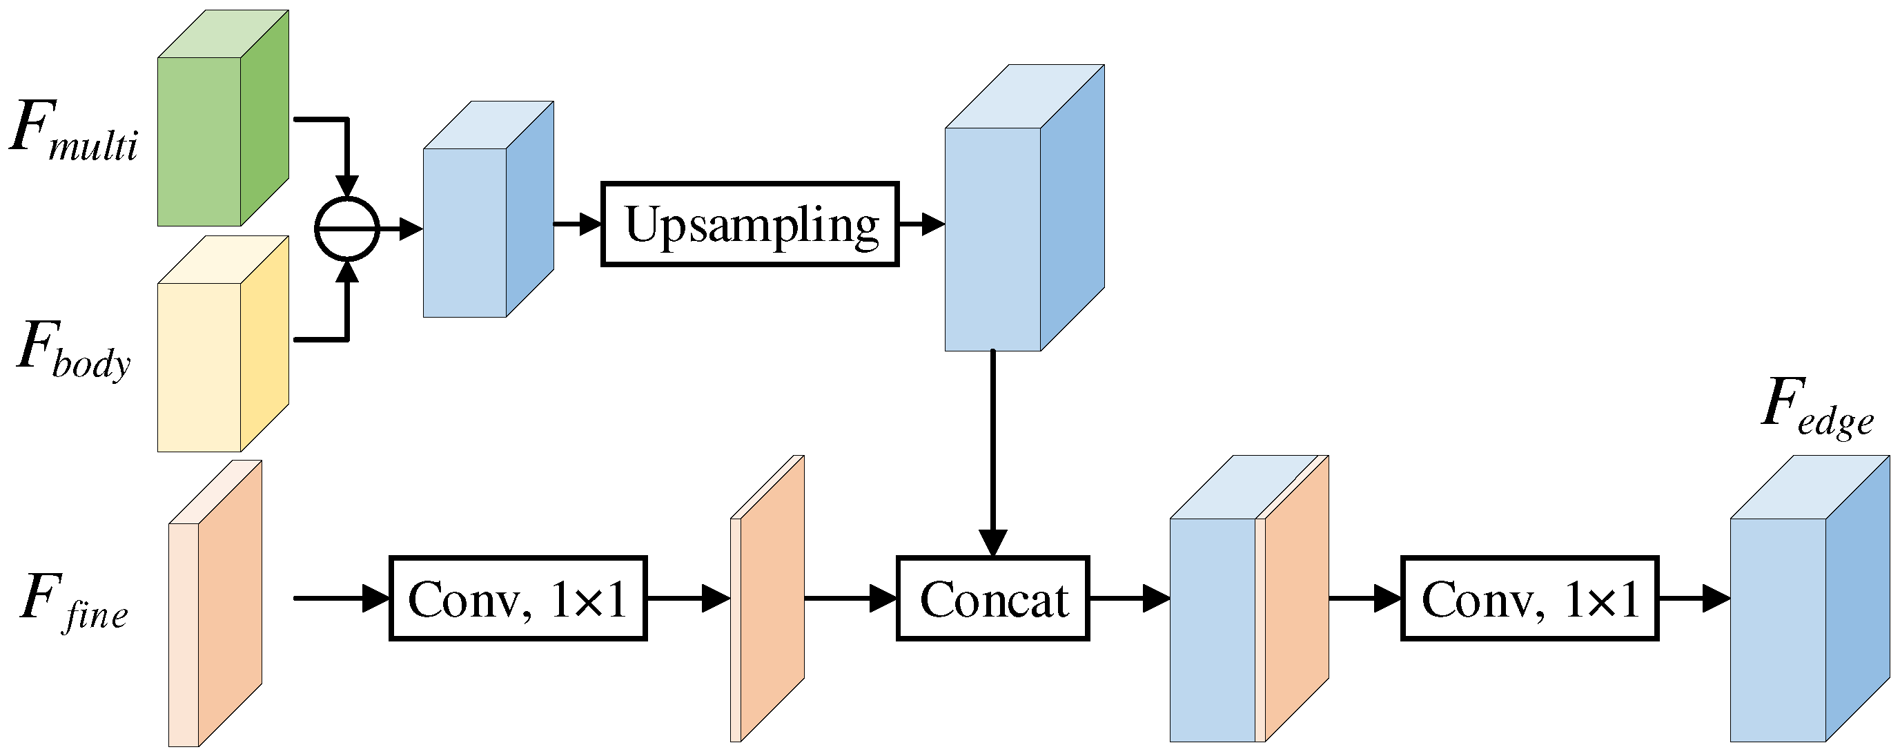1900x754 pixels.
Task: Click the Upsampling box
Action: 750,224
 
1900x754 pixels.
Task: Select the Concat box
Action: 992,597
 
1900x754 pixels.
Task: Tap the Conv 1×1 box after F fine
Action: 518,597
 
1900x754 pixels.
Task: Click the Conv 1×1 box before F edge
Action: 1529,597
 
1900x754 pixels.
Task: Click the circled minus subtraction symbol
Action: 346,229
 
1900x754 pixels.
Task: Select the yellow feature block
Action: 222,347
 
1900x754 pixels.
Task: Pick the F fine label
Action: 74,601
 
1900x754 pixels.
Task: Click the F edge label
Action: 1816,406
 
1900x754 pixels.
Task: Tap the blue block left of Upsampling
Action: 487,214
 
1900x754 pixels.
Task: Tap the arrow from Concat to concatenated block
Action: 1128,597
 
